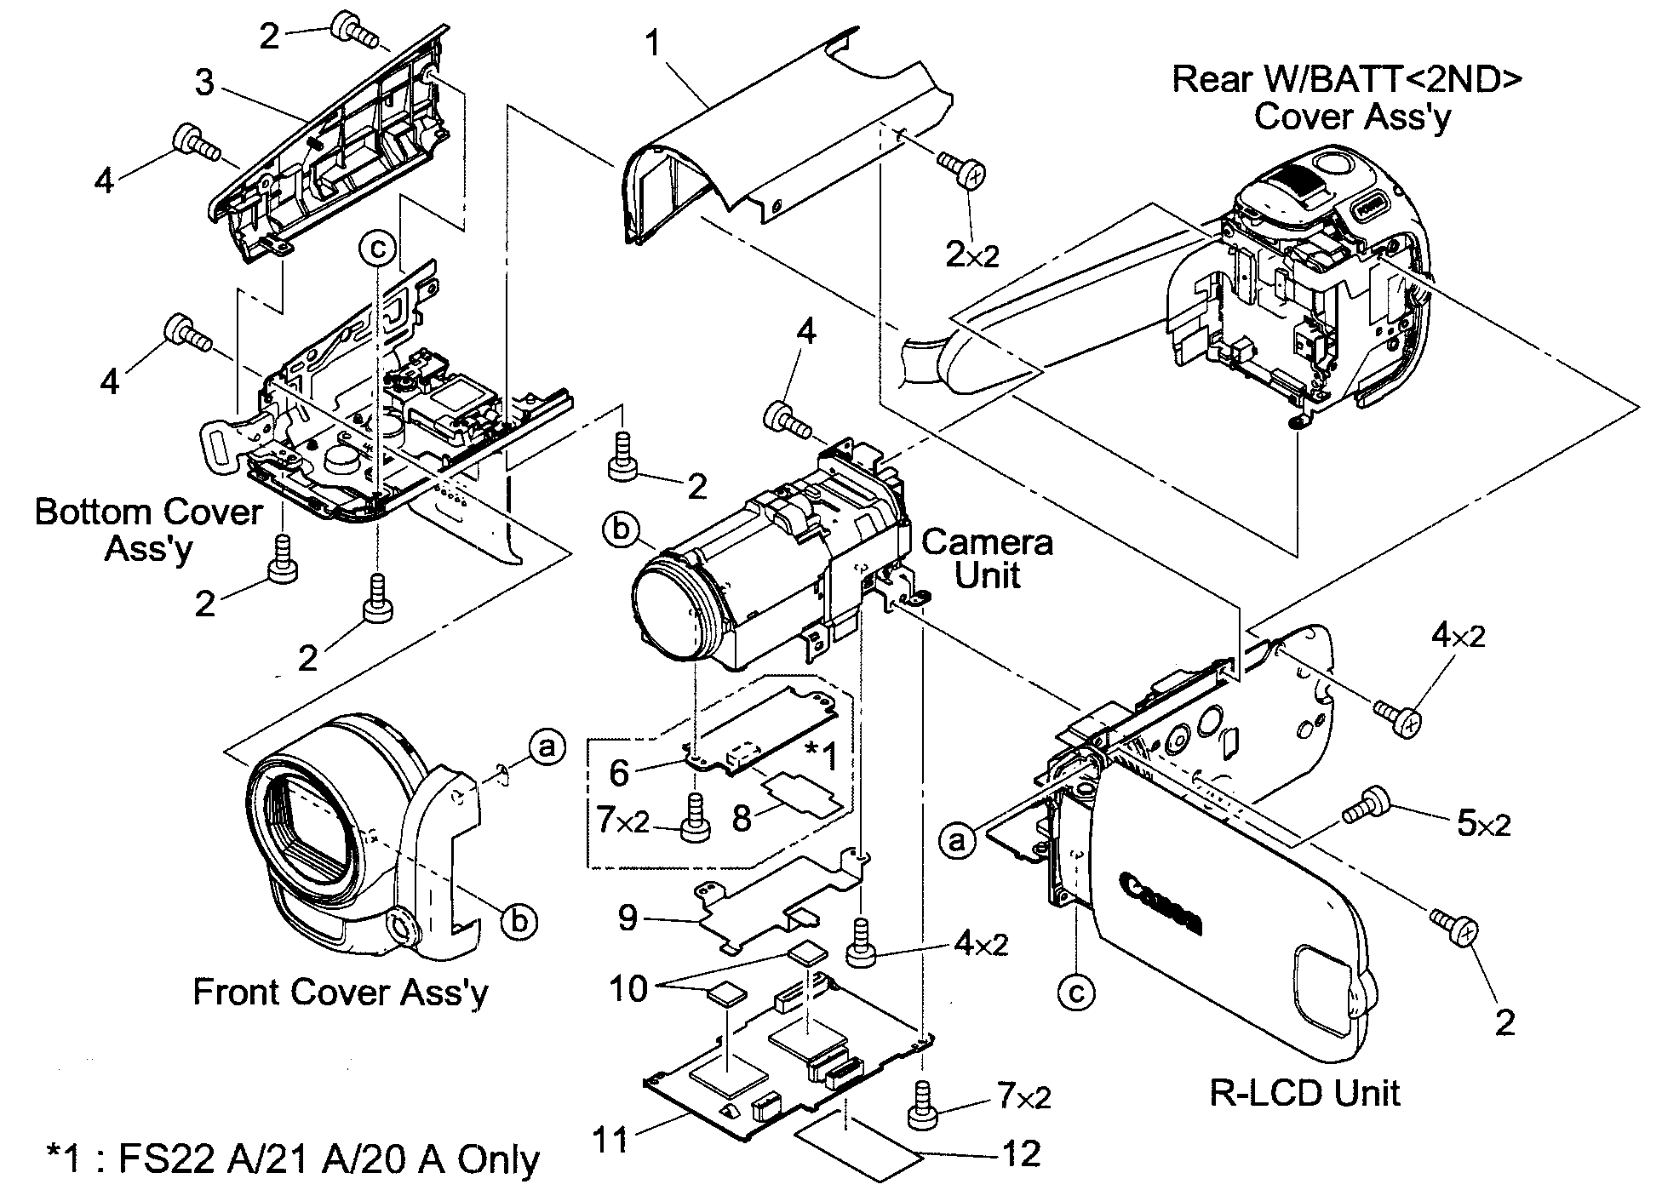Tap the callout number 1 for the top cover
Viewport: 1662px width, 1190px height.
[653, 43]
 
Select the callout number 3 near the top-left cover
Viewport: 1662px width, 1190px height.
[204, 83]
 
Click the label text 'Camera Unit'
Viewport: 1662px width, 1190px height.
[987, 558]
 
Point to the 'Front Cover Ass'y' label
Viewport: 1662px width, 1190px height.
[341, 993]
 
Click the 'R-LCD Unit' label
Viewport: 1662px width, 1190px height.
[1304, 1092]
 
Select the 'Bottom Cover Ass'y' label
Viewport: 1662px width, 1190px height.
[149, 529]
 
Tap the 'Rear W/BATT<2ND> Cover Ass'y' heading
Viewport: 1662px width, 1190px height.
[1348, 97]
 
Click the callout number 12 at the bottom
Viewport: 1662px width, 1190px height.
[1022, 1153]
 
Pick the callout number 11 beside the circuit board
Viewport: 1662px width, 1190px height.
[611, 1139]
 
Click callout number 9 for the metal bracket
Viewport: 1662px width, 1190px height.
[628, 918]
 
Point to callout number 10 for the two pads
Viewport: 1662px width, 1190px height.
[628, 988]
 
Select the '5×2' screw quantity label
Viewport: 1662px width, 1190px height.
[1484, 823]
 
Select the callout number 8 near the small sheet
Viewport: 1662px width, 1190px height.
[742, 819]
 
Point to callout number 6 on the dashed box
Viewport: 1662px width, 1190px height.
[619, 772]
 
